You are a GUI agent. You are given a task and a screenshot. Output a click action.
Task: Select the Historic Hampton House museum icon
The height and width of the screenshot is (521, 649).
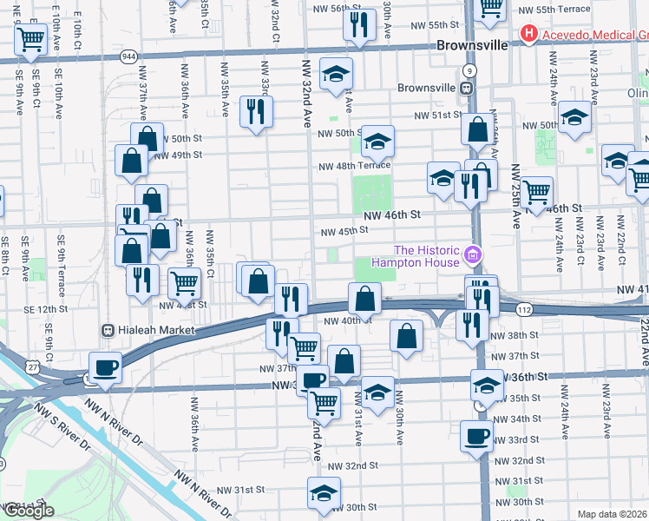coord(472,254)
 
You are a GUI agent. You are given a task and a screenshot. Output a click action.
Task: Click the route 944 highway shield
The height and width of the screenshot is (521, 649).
coord(128,55)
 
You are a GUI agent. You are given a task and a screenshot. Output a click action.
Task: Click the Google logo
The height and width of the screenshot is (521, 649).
coord(28,511)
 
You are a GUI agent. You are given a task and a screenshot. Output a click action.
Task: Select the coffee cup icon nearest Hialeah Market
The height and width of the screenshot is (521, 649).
coord(105,366)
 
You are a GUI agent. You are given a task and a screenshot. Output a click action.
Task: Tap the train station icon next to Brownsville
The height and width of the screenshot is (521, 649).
coord(467,88)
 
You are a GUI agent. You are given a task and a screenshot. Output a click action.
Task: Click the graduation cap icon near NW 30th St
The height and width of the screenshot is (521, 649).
coord(324,492)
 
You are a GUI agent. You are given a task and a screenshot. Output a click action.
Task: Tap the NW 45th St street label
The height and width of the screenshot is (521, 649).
coord(344,231)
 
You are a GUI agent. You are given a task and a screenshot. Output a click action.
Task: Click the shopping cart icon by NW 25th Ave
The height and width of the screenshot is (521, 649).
coord(537,190)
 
